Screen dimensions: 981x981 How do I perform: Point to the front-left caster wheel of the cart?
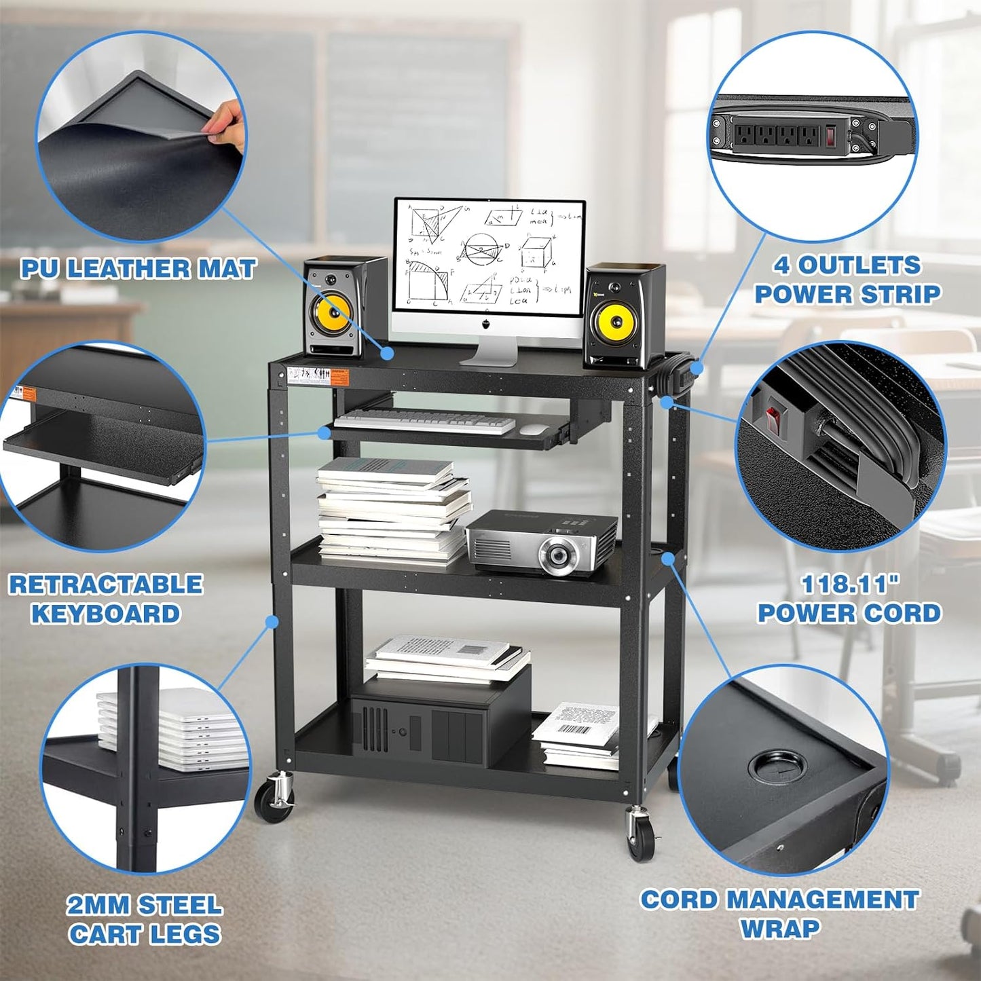click(x=274, y=802)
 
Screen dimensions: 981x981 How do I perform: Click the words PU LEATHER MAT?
click(x=138, y=269)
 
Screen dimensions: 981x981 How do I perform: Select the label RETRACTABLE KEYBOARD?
click(x=106, y=599)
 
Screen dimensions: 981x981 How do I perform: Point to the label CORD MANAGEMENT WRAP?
click(x=779, y=914)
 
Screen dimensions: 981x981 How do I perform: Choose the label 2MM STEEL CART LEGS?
click(x=145, y=920)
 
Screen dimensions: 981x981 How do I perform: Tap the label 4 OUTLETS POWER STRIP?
click(x=847, y=280)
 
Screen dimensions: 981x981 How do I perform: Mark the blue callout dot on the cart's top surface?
click(x=388, y=353)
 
